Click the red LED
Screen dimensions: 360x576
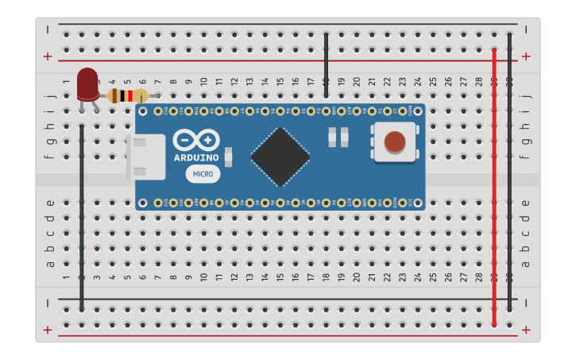click(x=87, y=84)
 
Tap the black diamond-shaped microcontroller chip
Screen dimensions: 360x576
click(x=280, y=157)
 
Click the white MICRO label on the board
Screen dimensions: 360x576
click(x=203, y=174)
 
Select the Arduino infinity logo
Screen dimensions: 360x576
click(x=195, y=140)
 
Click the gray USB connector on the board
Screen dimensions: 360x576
click(x=146, y=157)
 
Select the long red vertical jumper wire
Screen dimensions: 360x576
click(x=494, y=187)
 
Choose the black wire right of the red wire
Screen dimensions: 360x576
click(x=509, y=171)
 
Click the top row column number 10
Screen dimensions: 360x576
click(x=203, y=81)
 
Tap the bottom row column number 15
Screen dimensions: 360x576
click(x=280, y=277)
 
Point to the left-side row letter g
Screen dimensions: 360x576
click(x=50, y=141)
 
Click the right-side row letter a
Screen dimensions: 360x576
click(x=524, y=264)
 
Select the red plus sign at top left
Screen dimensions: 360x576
click(x=48, y=56)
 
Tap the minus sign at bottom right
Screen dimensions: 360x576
click(x=525, y=303)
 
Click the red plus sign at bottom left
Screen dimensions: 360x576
click(x=48, y=330)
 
